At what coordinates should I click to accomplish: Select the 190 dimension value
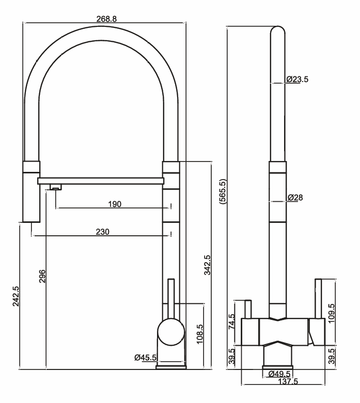point(115,204)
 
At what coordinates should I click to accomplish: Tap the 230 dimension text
point(103,232)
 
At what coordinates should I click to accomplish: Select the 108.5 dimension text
point(200,334)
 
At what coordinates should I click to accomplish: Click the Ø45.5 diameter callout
point(145,357)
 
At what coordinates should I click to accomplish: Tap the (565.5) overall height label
point(223,192)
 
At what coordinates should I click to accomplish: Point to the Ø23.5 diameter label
point(297,79)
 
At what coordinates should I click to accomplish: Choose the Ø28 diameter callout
point(295,198)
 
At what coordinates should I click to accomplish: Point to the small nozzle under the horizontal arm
point(54,187)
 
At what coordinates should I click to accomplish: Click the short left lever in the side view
point(247,309)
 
